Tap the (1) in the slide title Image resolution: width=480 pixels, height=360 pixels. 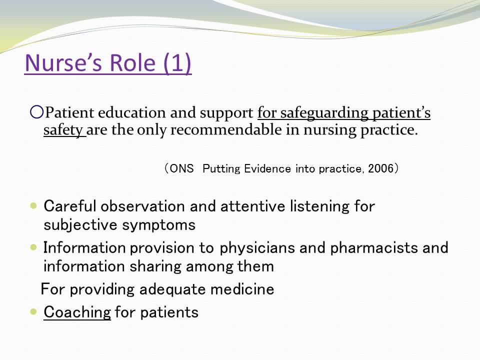(x=177, y=63)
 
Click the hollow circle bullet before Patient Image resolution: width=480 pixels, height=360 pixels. (x=36, y=112)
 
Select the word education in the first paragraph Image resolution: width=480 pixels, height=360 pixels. (x=131, y=112)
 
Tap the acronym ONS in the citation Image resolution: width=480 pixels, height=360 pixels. (x=181, y=168)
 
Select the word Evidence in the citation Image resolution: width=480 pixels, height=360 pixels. (x=267, y=168)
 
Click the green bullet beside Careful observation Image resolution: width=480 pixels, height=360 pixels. (x=33, y=205)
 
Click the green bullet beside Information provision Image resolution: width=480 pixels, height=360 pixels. (x=33, y=247)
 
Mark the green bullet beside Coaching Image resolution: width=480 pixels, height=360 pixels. (x=33, y=312)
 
